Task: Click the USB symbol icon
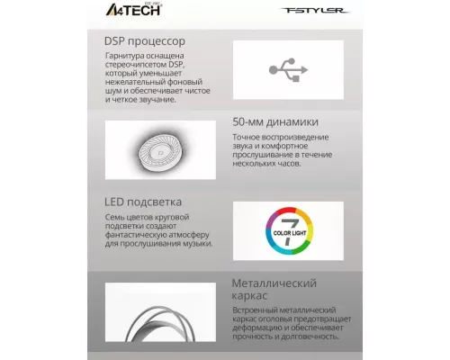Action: tap(288, 69)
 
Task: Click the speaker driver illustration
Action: tap(163, 148)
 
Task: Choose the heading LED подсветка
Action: tap(143, 202)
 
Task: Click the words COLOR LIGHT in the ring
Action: tap(288, 237)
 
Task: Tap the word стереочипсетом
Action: tap(133, 67)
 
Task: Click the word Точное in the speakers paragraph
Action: tap(247, 137)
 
